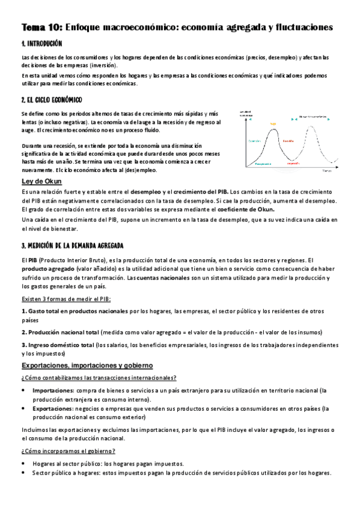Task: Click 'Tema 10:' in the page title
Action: [41, 28]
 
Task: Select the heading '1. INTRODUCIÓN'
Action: [41, 45]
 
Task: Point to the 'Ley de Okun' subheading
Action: [42, 181]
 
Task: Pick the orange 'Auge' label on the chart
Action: [272, 124]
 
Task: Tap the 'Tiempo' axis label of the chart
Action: [326, 171]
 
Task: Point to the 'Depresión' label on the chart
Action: [293, 163]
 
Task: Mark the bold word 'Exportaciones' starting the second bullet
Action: [53, 408]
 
